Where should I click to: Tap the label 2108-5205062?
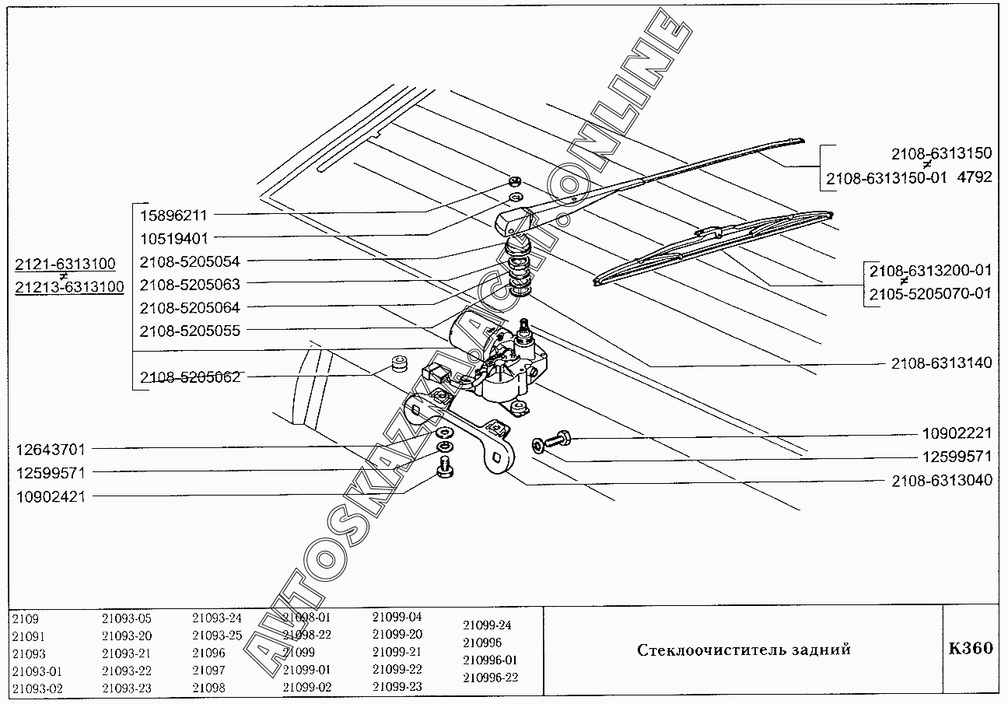click(190, 377)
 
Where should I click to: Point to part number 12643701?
click(50, 450)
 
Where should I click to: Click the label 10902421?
click(50, 496)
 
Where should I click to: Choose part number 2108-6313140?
click(942, 363)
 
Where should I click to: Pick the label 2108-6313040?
click(942, 480)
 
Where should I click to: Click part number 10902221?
click(957, 433)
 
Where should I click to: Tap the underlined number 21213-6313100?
click(69, 288)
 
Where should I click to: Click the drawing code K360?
click(970, 649)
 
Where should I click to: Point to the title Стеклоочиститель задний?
click(744, 650)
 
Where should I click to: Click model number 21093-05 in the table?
click(127, 619)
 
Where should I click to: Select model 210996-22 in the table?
click(490, 678)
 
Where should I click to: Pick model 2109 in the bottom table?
click(25, 619)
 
